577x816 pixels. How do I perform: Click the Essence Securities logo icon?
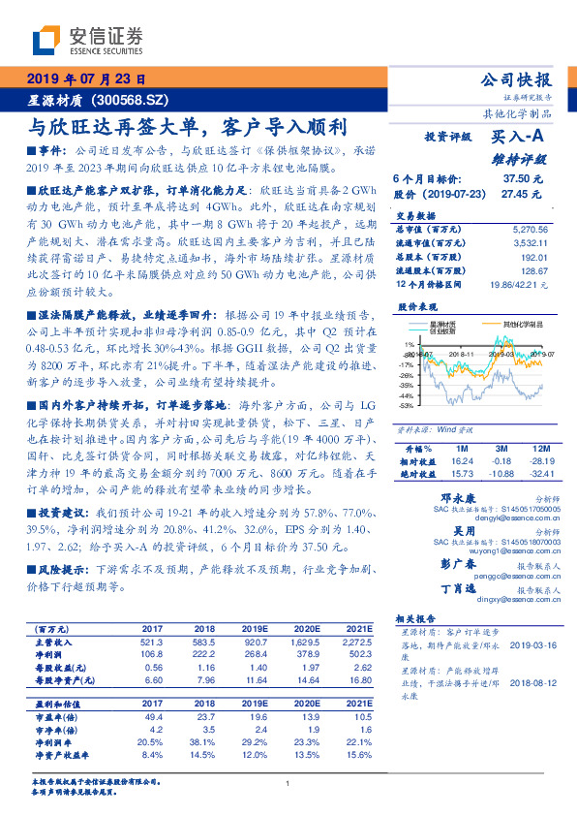tap(46, 42)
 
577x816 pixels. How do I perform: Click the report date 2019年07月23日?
tap(84, 79)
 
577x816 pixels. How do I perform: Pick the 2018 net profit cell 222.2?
tap(202, 655)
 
